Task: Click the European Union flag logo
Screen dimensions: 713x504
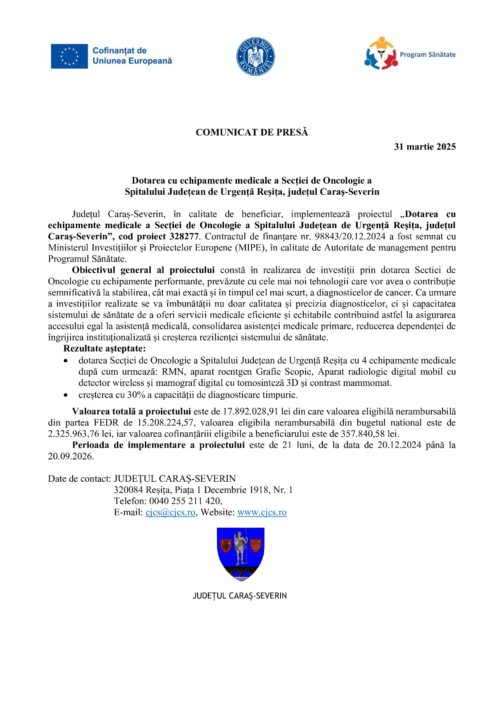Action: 69,56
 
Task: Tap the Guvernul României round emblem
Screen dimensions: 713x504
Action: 255,56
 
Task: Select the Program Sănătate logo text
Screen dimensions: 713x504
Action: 427,55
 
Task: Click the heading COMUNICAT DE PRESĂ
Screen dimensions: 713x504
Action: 252,132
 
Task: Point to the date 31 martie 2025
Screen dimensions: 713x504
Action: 425,147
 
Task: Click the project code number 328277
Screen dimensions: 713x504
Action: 185,237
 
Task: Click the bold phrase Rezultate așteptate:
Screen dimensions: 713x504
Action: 104,348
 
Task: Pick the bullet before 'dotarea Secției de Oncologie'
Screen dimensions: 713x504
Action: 66,361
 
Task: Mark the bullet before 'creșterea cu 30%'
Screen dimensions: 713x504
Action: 66,395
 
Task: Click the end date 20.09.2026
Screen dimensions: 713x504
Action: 71,456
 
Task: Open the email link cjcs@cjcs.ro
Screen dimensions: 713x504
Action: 170,512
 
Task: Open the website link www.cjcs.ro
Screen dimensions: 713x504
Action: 262,512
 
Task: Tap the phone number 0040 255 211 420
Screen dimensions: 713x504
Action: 185,501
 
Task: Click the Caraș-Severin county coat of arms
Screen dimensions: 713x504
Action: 240,554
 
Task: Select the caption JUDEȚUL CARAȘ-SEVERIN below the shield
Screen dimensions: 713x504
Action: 240,596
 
